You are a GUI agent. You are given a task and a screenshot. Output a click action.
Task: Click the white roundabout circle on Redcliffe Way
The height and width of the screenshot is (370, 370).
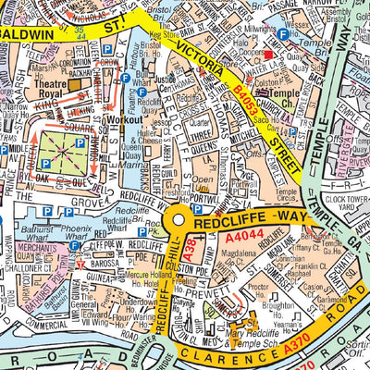click(179, 221)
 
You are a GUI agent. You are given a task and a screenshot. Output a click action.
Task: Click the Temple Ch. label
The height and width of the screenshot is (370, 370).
click(282, 98)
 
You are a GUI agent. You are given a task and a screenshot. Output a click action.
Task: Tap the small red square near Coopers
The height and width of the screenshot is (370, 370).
click(282, 34)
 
